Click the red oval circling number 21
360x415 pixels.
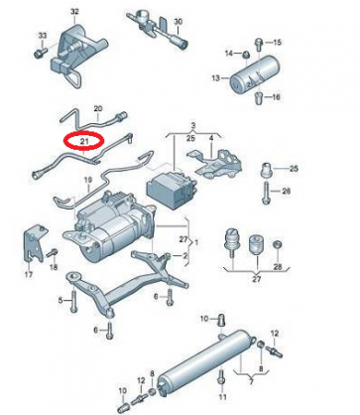point(83,133)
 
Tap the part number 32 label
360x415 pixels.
point(75,12)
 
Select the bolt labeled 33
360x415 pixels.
point(41,53)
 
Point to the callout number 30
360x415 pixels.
point(178,22)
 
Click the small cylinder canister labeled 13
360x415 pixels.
point(253,73)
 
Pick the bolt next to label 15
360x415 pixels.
point(259,45)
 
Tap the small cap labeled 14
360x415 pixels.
point(246,54)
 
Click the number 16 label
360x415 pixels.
point(276,97)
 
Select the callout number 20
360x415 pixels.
point(98,108)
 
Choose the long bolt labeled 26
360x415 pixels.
point(266,193)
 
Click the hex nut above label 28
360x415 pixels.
point(278,245)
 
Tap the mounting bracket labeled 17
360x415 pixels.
point(36,244)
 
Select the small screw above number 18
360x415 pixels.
point(53,252)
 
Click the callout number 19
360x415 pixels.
point(87,181)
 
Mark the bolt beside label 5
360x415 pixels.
point(73,299)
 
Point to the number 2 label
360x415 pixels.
point(185,255)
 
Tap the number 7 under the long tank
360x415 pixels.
point(251,382)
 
